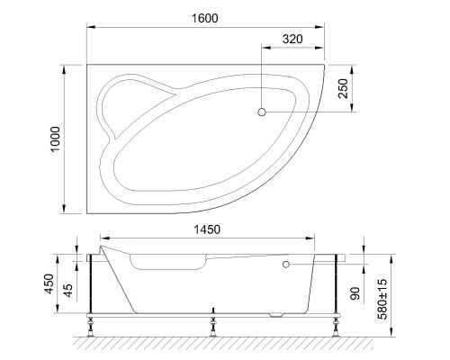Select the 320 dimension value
pyautogui.click(x=292, y=39)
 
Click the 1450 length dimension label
pyautogui.click(x=207, y=229)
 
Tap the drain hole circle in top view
pyautogui.click(x=262, y=112)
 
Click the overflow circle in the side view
pyautogui.click(x=285, y=265)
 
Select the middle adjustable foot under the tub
pyautogui.click(x=212, y=325)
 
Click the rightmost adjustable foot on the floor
pyautogui.click(x=335, y=326)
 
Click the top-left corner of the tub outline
pyautogui.click(x=86, y=64)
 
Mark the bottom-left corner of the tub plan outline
pyautogui.click(x=86, y=213)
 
